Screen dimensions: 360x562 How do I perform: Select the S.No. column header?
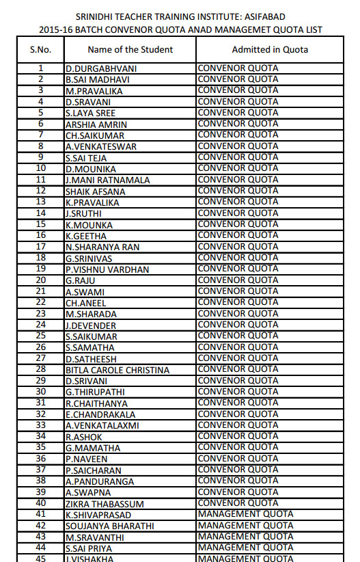coord(40,49)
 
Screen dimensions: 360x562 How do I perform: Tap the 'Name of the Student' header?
coord(130,49)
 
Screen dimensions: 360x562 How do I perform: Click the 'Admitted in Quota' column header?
coord(270,49)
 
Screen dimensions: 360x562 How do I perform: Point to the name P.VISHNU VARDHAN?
coord(107,269)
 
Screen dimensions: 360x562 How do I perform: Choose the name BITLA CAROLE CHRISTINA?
coord(117,370)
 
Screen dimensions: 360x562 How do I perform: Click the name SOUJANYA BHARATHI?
coord(109,526)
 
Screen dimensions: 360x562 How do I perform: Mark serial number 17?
coord(40,247)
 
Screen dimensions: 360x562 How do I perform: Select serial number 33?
coord(40,425)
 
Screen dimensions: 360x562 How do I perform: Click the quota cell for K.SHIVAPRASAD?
coord(245,514)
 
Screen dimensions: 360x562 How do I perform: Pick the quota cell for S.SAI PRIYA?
coord(245,548)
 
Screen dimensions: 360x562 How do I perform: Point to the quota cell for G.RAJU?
coord(238,280)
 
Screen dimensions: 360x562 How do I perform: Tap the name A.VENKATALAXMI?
coord(102,425)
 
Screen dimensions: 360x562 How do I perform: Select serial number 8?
coord(40,146)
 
